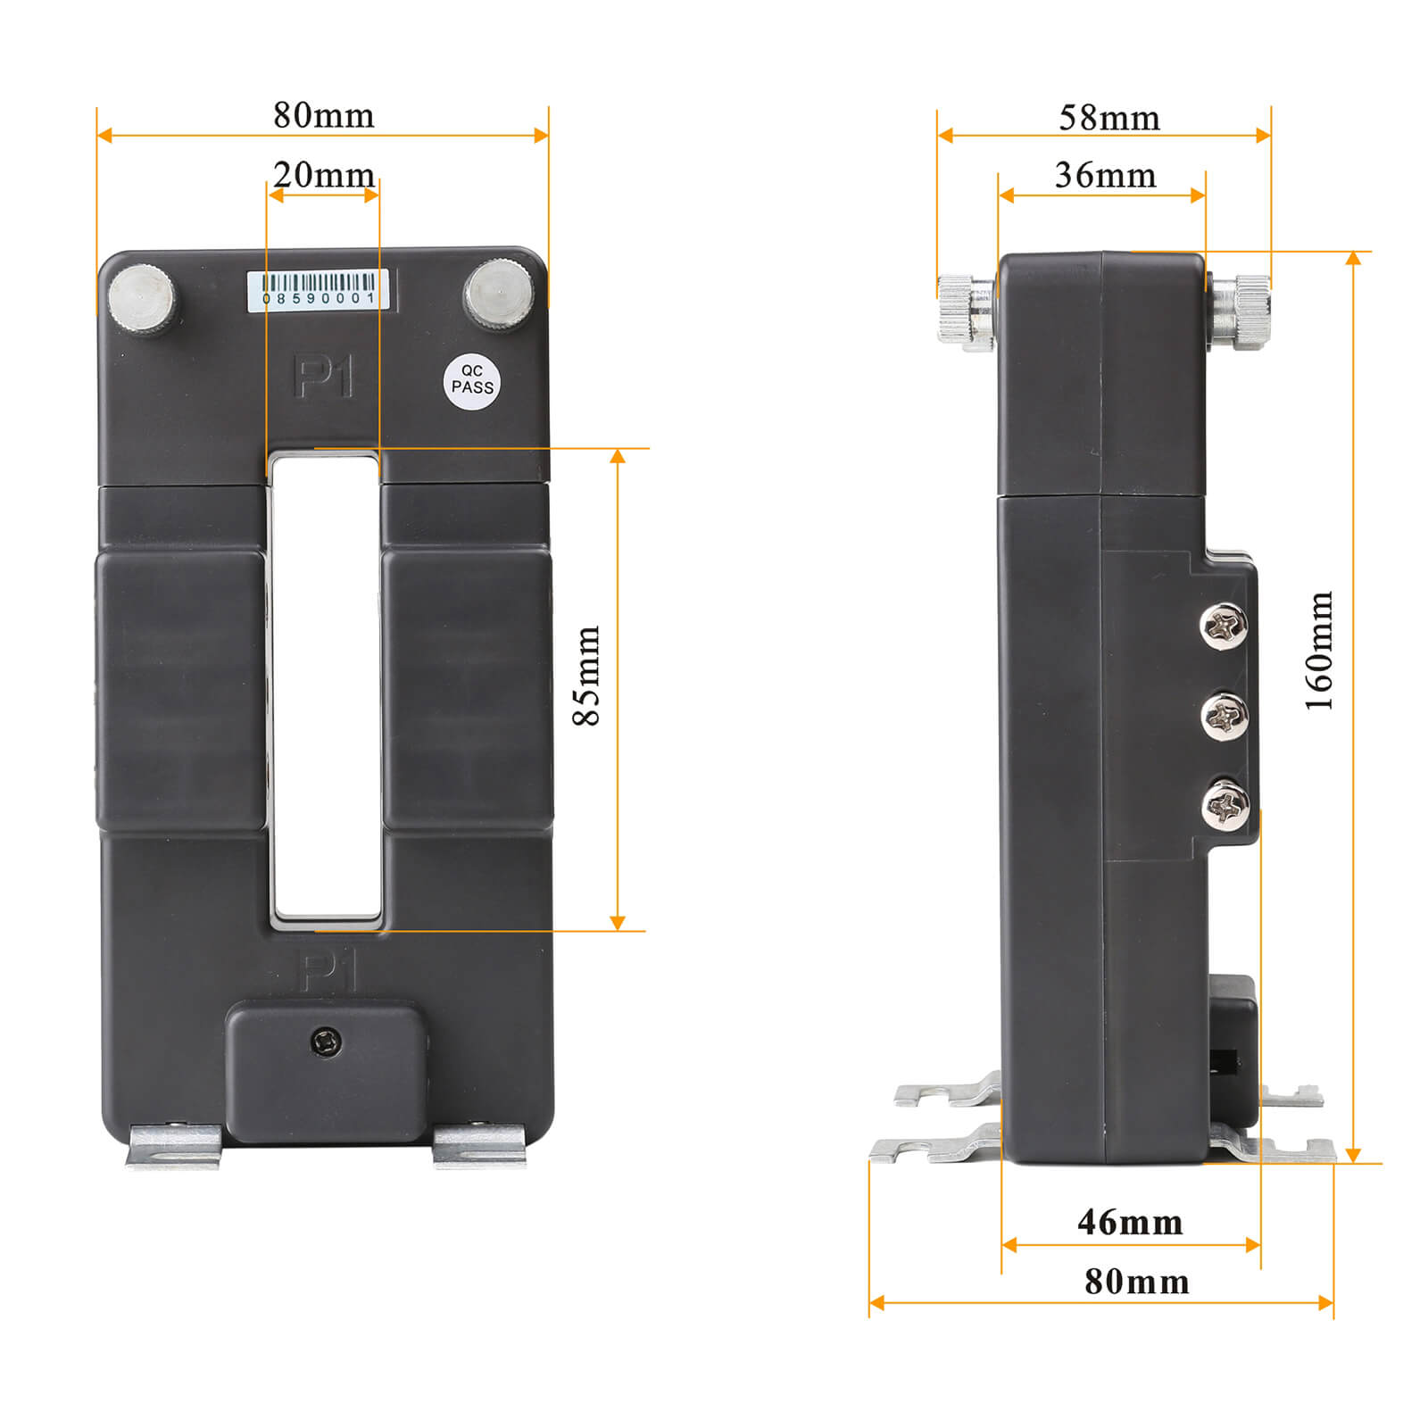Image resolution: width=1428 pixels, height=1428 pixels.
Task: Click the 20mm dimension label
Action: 324,175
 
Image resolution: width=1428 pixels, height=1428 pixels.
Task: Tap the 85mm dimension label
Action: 586,676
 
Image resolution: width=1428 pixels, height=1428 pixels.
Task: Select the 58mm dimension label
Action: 1109,118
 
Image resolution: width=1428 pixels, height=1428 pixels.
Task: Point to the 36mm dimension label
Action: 1105,175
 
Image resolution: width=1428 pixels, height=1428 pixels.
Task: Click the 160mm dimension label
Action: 1319,650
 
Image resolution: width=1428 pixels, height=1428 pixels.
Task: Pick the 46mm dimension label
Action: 1130,1222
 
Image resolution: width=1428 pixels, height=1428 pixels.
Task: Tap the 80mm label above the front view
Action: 323,115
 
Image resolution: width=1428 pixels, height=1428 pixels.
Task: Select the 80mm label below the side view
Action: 1136,1282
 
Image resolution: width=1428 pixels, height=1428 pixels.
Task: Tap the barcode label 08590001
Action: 319,290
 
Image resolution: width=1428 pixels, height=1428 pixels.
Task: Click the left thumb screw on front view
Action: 142,297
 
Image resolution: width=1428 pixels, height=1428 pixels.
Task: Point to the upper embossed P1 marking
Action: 323,377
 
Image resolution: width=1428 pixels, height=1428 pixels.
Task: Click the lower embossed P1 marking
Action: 328,971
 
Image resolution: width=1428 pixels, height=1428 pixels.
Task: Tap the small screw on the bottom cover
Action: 327,1042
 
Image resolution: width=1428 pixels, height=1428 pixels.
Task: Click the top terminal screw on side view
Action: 1224,626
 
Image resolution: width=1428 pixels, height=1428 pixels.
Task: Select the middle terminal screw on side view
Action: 1225,715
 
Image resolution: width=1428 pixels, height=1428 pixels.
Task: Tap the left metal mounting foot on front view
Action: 174,1146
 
